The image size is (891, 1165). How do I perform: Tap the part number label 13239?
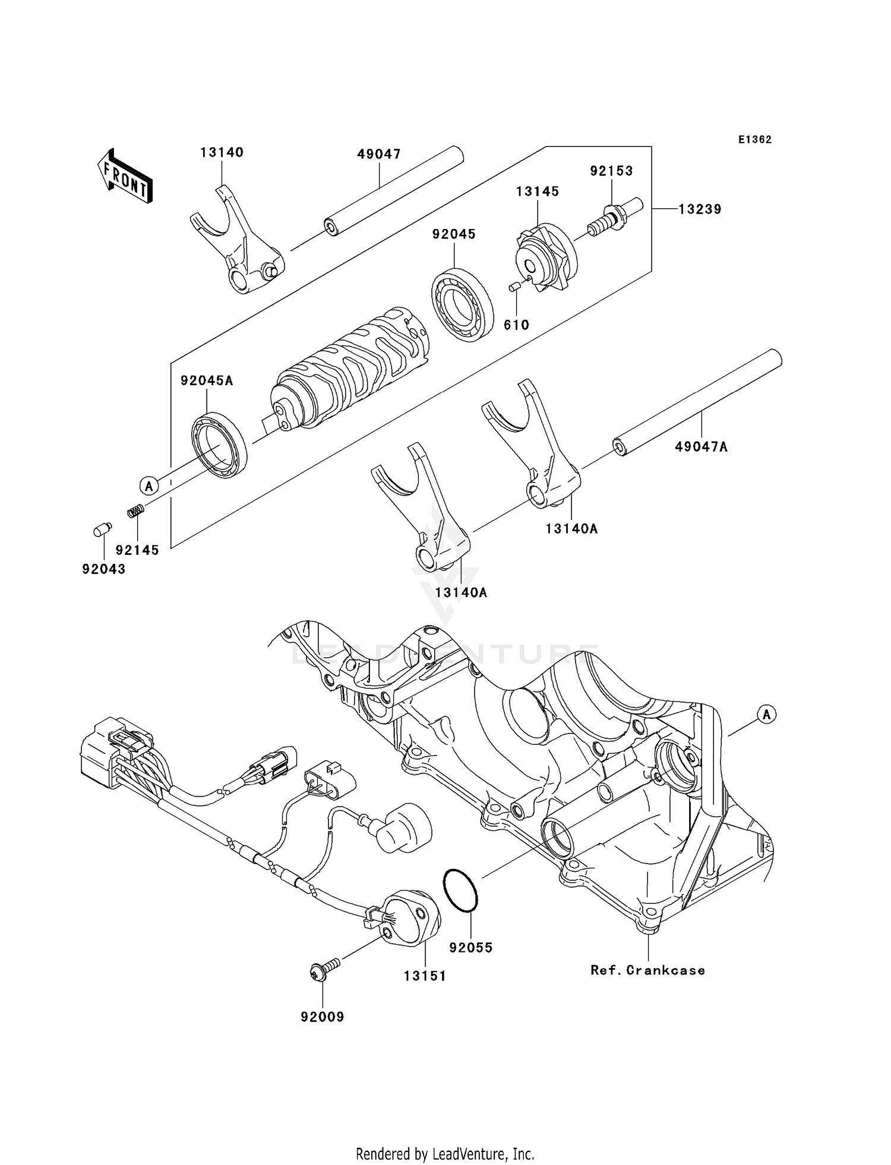coord(700,209)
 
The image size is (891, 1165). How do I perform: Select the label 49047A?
coord(700,446)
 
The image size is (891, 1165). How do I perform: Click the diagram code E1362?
coord(755,139)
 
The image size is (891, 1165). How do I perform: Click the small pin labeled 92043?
coord(102,528)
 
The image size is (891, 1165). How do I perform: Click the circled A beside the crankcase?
coord(766,715)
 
